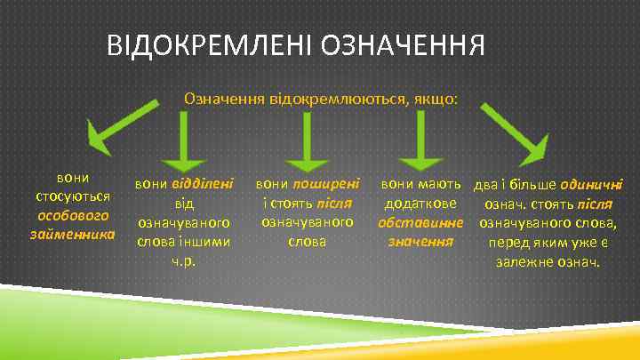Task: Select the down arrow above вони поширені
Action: click(x=307, y=140)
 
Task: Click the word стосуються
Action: click(x=73, y=196)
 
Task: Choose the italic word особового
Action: click(x=73, y=215)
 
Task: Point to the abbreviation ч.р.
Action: click(x=185, y=262)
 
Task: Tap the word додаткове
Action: click(x=420, y=204)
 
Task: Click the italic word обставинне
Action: click(x=420, y=223)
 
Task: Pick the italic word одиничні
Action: click(x=591, y=184)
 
